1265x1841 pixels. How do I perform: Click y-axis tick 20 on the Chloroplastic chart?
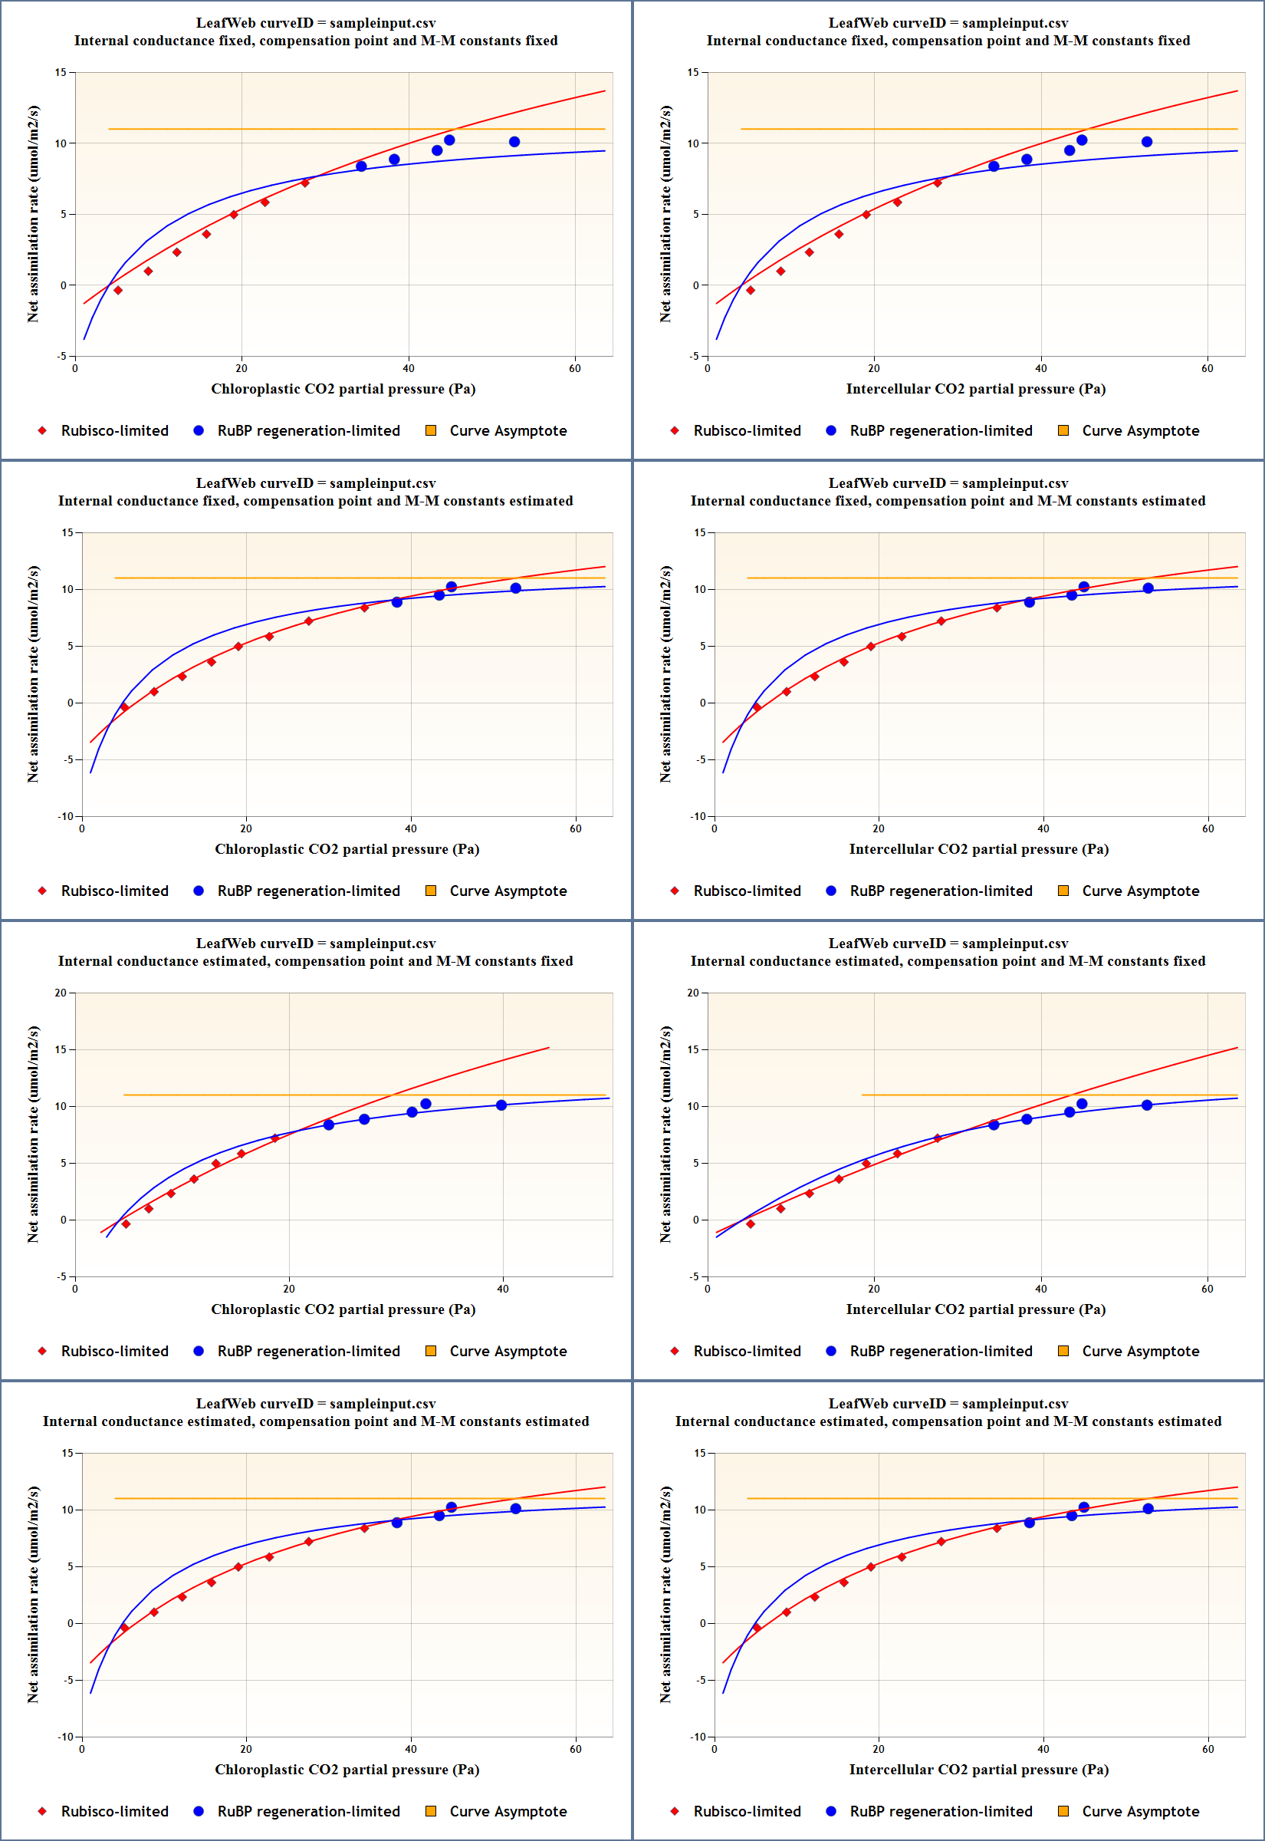(61, 993)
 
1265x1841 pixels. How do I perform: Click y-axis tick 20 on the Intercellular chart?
(693, 993)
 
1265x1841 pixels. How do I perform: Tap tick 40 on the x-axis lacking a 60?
(502, 1289)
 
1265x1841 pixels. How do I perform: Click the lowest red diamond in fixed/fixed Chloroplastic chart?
(118, 290)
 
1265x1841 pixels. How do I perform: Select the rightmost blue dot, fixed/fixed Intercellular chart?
(1147, 142)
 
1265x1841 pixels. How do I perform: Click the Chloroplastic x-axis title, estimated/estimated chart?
(347, 1769)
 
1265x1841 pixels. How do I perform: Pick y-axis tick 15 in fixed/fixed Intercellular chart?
(693, 72)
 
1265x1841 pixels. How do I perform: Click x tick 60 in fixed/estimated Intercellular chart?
(1207, 828)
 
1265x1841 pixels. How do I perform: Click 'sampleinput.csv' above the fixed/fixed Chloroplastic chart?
(382, 23)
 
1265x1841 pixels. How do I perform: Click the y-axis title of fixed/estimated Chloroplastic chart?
(32, 674)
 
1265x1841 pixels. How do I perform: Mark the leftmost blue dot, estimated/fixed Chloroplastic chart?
(329, 1125)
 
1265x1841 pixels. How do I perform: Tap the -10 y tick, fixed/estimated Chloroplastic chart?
(66, 816)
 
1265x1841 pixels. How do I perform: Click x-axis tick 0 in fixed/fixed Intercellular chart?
(708, 368)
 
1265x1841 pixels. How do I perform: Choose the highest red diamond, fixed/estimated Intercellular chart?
(997, 608)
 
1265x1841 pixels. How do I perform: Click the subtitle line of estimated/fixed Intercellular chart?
(947, 961)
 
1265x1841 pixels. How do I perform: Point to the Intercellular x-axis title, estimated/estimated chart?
(978, 1769)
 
